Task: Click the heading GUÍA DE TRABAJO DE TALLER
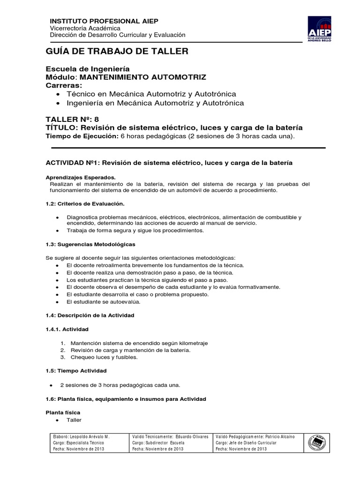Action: tap(117, 52)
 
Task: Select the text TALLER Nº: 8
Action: tap(72, 119)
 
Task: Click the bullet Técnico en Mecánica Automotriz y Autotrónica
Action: tap(151, 94)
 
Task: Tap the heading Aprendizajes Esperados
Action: tap(80, 178)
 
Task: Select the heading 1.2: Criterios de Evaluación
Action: tap(84, 204)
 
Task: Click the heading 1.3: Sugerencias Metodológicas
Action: tap(90, 244)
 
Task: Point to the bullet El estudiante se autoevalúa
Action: tap(103, 302)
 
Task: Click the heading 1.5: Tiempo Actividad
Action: tap(76, 371)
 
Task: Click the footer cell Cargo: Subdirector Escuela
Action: tap(158, 442)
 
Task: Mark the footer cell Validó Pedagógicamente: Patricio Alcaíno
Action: tap(255, 436)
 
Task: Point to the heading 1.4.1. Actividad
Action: tap(67, 330)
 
